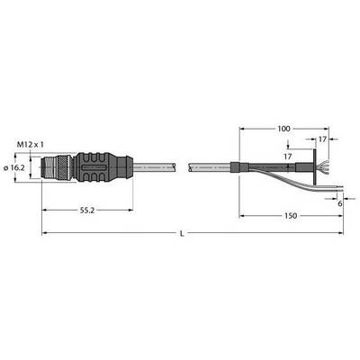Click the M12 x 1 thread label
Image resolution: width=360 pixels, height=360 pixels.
30,145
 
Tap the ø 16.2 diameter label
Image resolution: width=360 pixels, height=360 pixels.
14,168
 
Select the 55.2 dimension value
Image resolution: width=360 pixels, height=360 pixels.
87,211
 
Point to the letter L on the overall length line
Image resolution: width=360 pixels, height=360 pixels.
182,233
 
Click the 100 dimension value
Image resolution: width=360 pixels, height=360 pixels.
283,129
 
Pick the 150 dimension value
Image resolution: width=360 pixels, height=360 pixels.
291,216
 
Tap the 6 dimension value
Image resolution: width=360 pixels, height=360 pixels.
340,203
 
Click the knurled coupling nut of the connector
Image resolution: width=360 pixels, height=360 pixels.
65,167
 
